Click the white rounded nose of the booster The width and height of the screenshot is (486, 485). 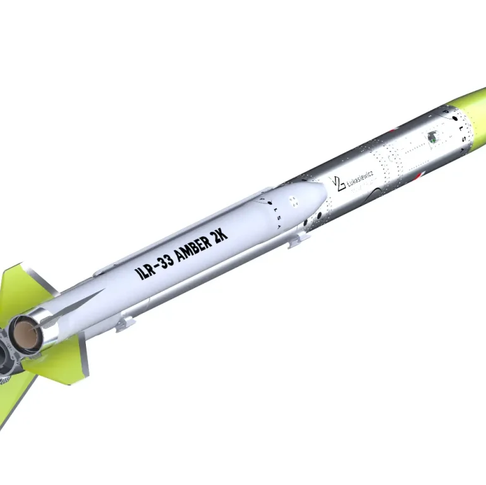click(310, 196)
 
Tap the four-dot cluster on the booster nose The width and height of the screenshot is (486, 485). click(293, 201)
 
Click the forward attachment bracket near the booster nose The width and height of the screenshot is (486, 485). click(298, 238)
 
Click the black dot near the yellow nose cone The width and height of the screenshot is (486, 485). click(454, 118)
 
